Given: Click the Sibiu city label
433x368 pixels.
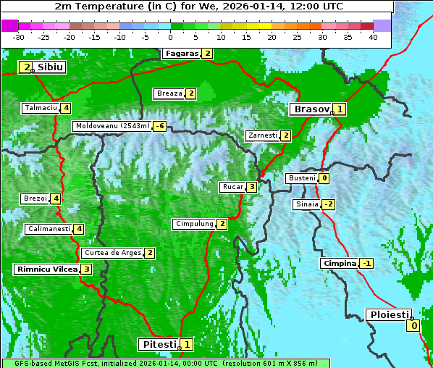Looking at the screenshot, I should (x=50, y=67).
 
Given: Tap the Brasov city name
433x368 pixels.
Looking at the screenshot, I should (x=311, y=109).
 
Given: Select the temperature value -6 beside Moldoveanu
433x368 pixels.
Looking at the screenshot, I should (x=159, y=126).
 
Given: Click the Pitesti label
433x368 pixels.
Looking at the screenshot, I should (x=158, y=345).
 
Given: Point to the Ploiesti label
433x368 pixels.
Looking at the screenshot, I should (x=390, y=315).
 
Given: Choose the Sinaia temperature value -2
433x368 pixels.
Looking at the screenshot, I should (x=329, y=204).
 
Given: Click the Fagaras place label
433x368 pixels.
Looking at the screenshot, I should (x=180, y=54).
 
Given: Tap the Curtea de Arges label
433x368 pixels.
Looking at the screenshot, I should (x=112, y=253).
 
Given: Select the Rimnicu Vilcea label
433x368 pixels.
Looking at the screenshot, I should (x=46, y=269).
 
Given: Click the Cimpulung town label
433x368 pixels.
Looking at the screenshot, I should (x=194, y=224).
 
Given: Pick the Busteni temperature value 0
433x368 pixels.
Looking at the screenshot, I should (x=324, y=178).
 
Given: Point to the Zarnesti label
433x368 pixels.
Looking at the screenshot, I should (x=261, y=135).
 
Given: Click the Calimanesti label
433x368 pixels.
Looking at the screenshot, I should (x=49, y=229).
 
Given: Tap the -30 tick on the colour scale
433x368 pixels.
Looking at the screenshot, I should (x=18, y=37).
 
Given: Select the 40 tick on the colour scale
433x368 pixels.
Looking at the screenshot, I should (x=373, y=37).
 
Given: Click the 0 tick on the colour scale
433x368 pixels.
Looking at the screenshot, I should (x=170, y=37).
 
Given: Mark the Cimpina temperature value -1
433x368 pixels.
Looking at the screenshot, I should (x=366, y=264).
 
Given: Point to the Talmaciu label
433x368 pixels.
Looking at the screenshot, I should (x=40, y=108).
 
